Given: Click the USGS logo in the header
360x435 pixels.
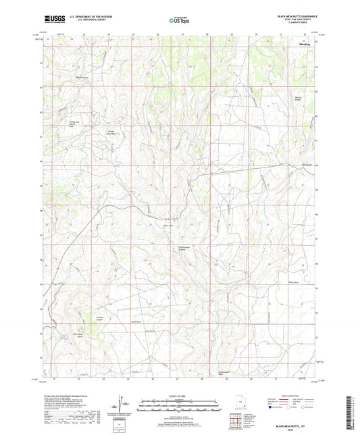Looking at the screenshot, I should [x=53, y=20].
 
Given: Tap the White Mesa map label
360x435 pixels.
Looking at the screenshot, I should [x=292, y=282].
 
